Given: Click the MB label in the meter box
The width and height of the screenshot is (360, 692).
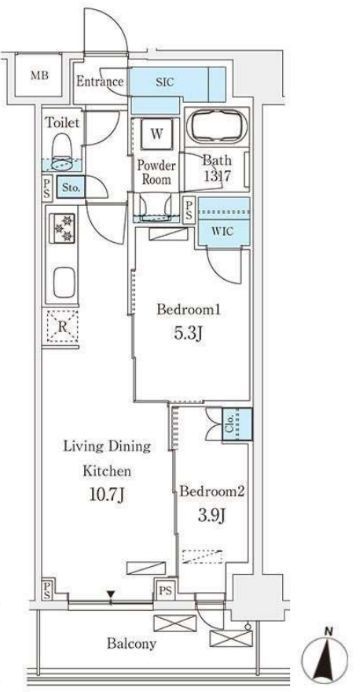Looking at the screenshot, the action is click(x=40, y=75).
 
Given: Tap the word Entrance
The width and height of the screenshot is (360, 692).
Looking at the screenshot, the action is click(x=100, y=82).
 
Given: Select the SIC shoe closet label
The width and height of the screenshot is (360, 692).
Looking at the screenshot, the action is click(x=165, y=82).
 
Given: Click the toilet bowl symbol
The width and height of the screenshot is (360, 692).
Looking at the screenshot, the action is click(x=62, y=151).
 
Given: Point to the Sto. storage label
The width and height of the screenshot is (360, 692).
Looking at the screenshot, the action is click(x=71, y=188).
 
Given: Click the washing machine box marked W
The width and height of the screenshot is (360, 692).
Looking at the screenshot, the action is click(x=157, y=134).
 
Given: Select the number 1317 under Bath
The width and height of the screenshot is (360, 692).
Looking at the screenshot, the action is click(x=217, y=176).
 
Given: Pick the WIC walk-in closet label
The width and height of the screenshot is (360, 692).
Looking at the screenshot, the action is click(x=223, y=230).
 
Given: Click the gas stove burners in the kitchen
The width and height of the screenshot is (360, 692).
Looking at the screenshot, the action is click(x=62, y=228).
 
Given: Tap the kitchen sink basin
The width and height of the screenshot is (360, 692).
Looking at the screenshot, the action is click(x=64, y=283).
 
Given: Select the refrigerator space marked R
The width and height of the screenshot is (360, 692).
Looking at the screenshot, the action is click(x=62, y=327).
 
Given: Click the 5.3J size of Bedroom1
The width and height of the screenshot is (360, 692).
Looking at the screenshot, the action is click(x=189, y=334).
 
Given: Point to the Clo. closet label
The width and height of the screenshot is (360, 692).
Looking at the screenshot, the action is click(x=231, y=424).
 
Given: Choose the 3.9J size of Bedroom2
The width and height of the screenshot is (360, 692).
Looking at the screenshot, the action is click(x=212, y=515).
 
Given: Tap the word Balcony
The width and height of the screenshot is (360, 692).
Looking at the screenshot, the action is click(x=131, y=643).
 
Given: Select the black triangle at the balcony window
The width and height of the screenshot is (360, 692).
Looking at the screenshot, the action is click(x=111, y=595).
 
